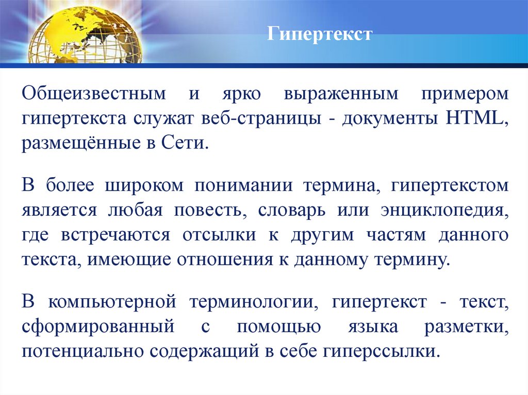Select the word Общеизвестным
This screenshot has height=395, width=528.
[x=94, y=94]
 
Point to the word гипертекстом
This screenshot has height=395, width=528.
[x=450, y=186]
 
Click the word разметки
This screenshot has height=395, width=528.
[x=466, y=327]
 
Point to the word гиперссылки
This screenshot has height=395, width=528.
[x=382, y=351]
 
